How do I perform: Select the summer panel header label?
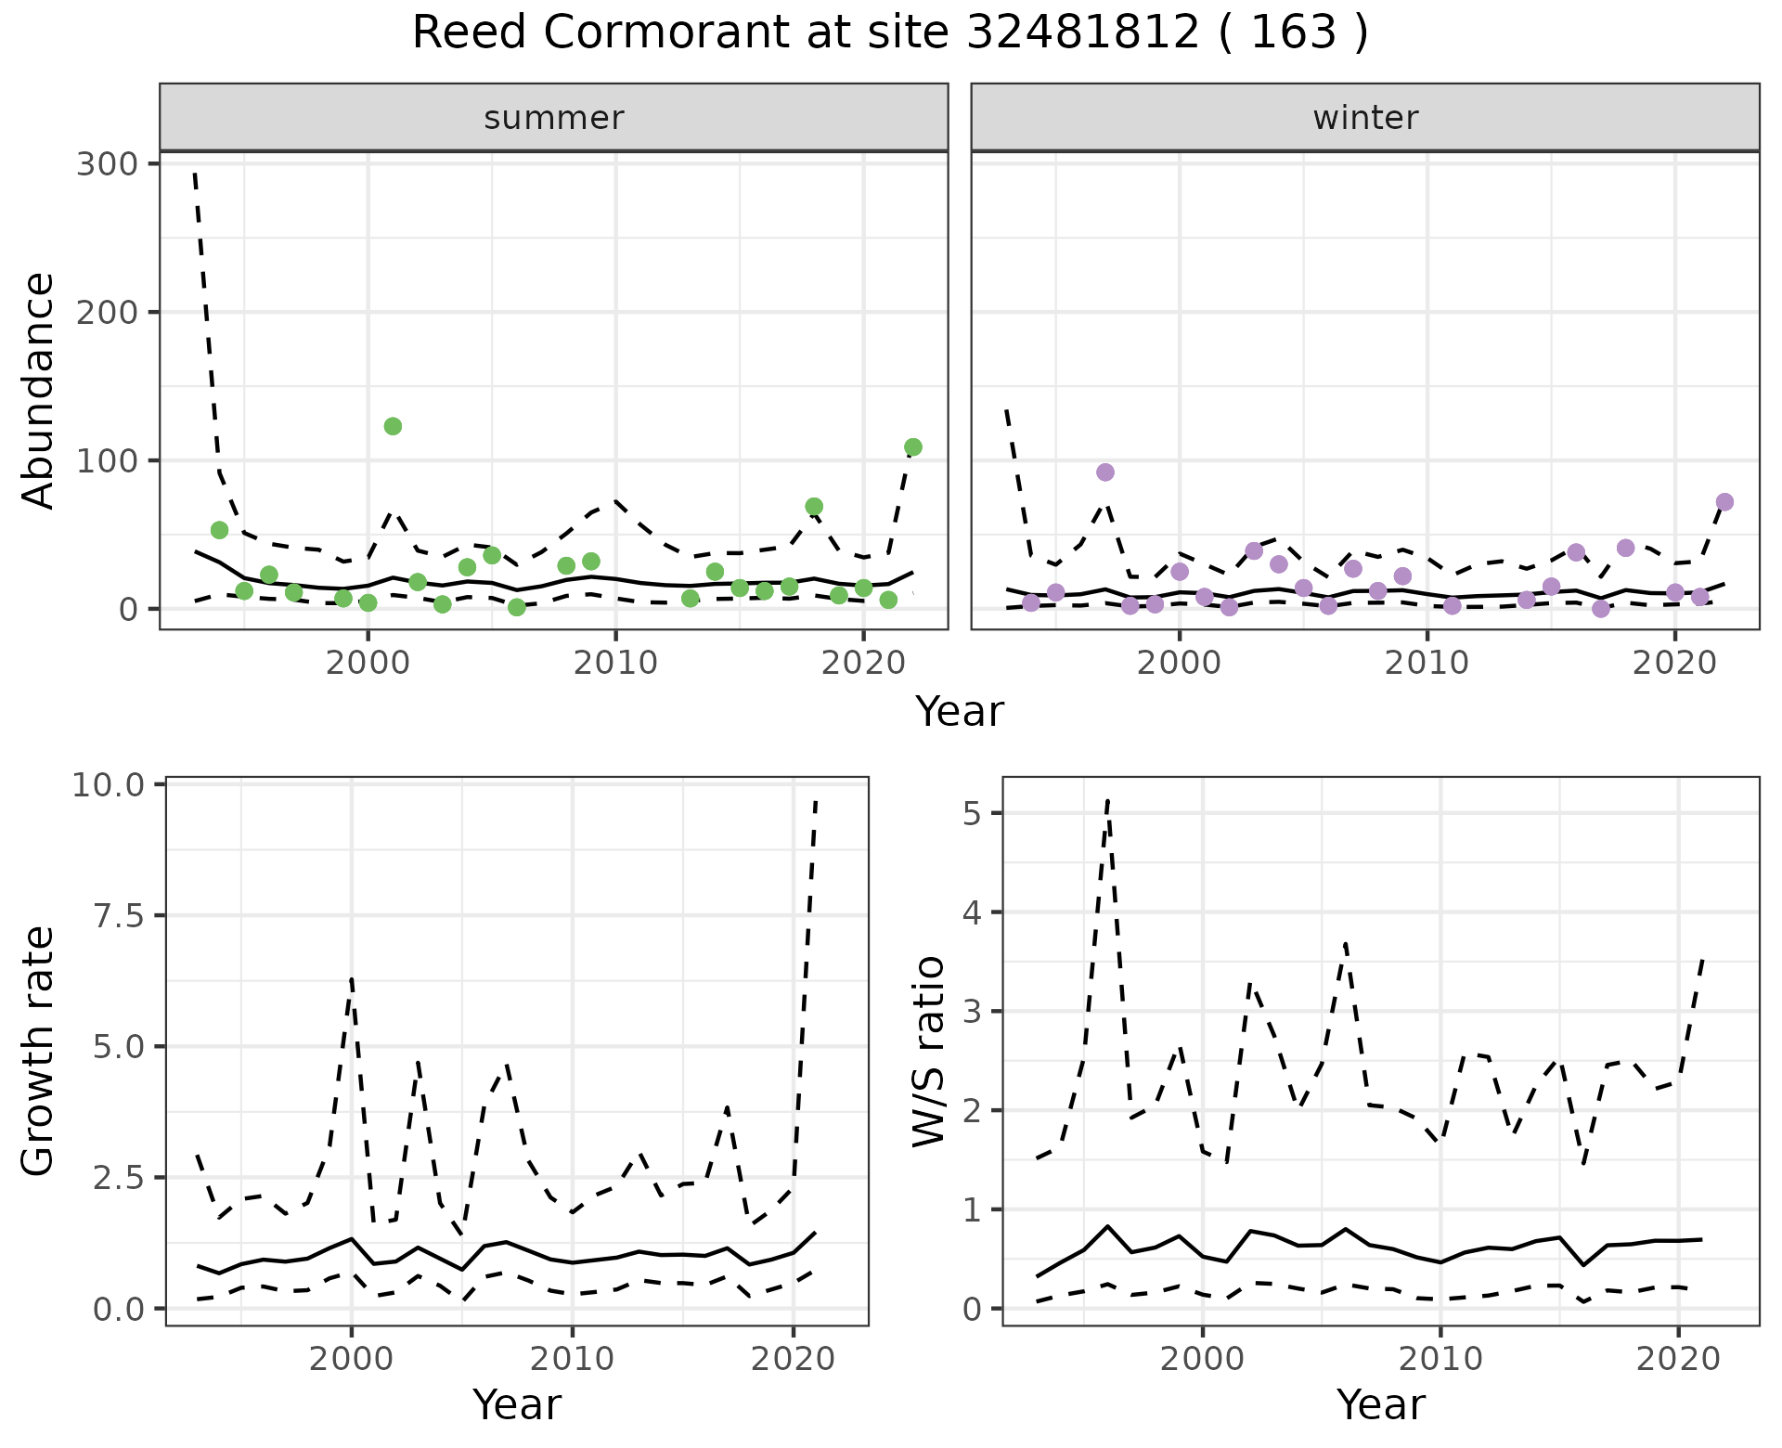(x=554, y=118)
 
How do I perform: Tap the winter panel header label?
(x=1365, y=118)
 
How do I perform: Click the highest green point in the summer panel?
(x=393, y=426)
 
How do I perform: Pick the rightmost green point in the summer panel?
(x=912, y=447)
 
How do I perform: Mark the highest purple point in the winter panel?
(x=1104, y=472)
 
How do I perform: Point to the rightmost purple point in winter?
(x=1724, y=502)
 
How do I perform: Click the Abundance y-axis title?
(x=38, y=390)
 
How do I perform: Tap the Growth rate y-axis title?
(x=38, y=1051)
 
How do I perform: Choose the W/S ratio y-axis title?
(x=928, y=1051)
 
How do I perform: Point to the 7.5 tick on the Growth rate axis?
(x=120, y=916)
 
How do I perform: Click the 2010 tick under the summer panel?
(x=615, y=663)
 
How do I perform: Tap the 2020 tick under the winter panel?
(x=1674, y=663)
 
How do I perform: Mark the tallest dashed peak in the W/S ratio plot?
(x=1107, y=800)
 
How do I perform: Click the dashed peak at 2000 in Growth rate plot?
(x=352, y=978)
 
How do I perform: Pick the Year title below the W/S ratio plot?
(x=1380, y=1404)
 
